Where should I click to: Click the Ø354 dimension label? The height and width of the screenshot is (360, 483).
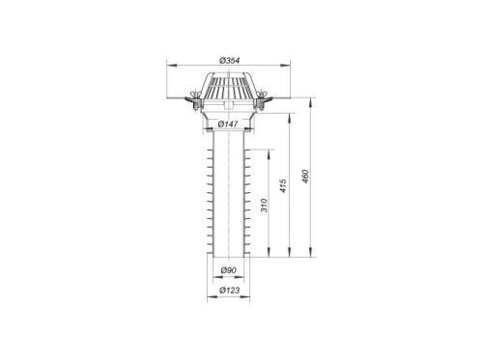pyautogui.click(x=230, y=61)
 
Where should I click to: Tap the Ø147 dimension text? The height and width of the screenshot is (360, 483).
pyautogui.click(x=228, y=124)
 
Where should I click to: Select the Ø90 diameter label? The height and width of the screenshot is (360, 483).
pyautogui.click(x=228, y=270)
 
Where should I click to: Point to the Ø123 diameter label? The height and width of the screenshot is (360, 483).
pyautogui.click(x=230, y=291)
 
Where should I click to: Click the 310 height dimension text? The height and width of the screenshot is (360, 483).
pyautogui.click(x=264, y=206)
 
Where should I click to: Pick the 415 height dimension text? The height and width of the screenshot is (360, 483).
pyautogui.click(x=283, y=186)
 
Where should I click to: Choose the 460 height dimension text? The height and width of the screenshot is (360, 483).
pyautogui.click(x=305, y=177)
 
